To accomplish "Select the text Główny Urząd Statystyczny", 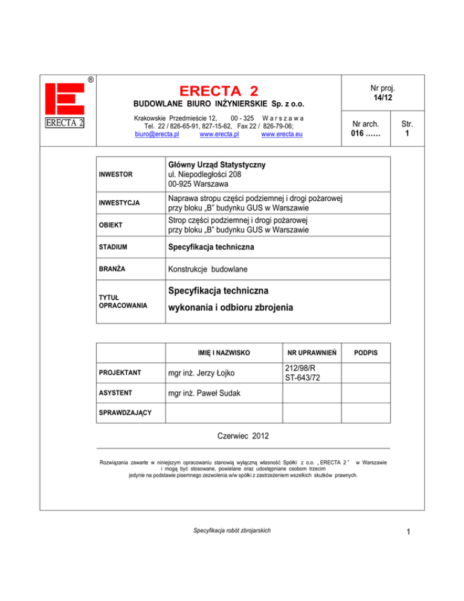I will click(x=216, y=165).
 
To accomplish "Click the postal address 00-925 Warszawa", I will click(x=198, y=184).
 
